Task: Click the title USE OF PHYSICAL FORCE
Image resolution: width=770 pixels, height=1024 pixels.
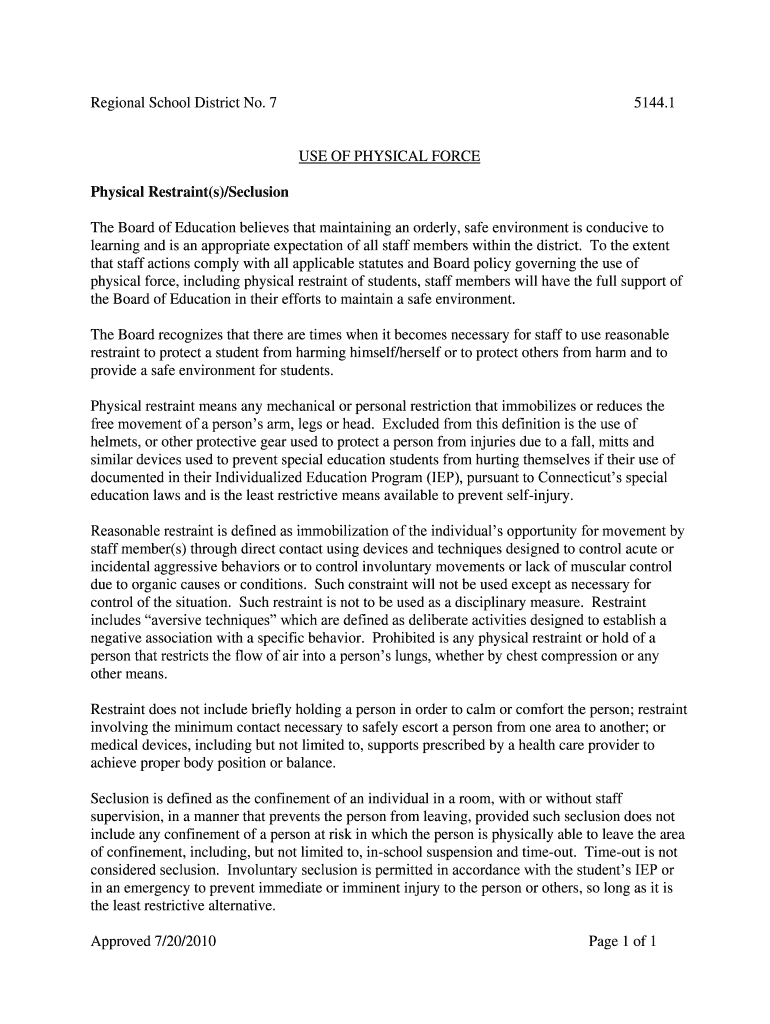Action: point(390,157)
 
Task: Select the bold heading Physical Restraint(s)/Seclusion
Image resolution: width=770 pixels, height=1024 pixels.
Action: point(189,191)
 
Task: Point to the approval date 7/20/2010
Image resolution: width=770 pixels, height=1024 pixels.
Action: point(180,941)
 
